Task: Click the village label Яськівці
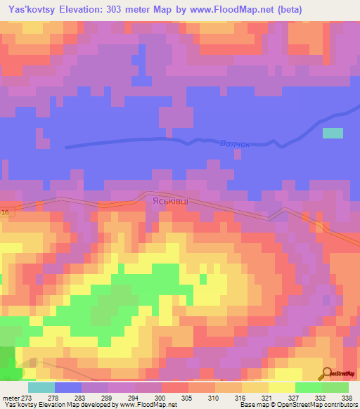click(167, 200)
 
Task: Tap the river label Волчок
click(235, 143)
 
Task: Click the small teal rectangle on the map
click(333, 133)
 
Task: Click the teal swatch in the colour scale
click(41, 387)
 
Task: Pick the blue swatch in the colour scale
click(68, 387)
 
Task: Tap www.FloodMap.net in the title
click(235, 11)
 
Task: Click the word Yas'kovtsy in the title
click(31, 11)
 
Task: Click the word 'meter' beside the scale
click(11, 397)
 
